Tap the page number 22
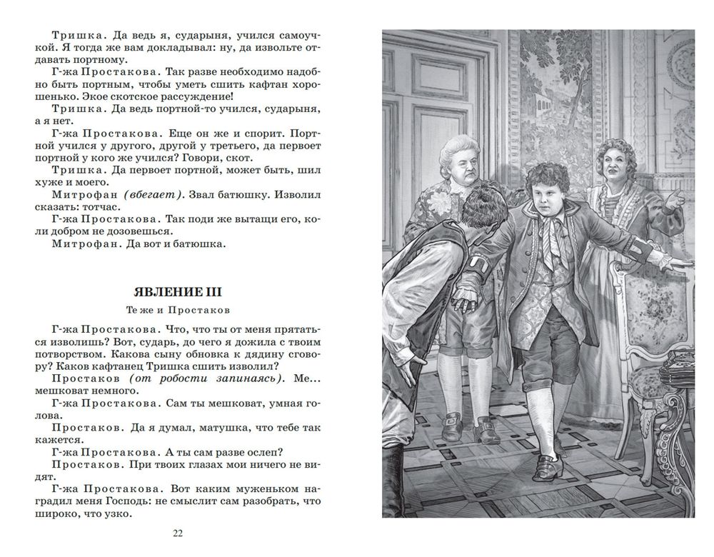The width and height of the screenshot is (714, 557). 178,532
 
